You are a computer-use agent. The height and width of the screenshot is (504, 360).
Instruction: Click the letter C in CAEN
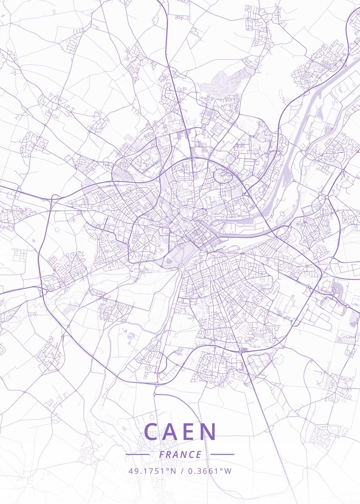152,432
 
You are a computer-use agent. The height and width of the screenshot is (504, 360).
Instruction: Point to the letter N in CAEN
209,432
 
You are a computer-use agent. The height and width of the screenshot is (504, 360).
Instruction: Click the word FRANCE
180,455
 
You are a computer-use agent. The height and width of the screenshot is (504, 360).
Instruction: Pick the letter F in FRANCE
162,455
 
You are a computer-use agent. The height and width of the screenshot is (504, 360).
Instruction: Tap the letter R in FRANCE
169,455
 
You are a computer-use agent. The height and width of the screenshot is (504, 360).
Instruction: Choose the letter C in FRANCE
191,455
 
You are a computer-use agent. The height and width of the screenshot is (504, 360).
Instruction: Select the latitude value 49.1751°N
152,471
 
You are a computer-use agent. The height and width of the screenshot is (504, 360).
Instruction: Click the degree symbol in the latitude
168,469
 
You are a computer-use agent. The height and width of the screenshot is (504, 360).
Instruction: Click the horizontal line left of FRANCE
137,454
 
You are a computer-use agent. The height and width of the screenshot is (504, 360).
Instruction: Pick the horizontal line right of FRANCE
222,454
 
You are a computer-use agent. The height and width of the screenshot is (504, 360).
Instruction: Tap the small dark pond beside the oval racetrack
169,261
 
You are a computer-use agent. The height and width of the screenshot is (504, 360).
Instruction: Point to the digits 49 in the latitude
132,471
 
